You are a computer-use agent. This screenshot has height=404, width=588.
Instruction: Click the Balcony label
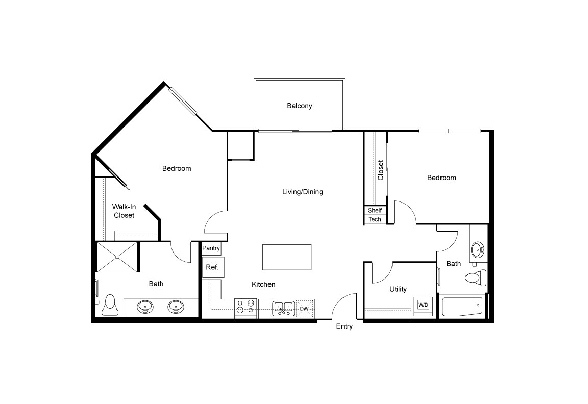click(299, 106)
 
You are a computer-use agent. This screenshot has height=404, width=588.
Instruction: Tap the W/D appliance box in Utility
click(423, 305)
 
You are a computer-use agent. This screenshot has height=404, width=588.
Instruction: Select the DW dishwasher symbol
click(304, 309)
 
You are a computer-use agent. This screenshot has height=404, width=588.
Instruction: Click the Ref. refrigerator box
click(212, 267)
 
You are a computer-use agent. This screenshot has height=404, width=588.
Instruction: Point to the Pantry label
click(211, 248)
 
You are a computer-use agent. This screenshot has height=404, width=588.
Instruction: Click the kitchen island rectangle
click(286, 257)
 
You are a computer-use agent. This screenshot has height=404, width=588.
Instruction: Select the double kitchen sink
click(282, 308)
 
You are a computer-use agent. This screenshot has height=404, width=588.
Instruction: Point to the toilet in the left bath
click(110, 305)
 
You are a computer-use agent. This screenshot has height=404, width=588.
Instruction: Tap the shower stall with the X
click(117, 258)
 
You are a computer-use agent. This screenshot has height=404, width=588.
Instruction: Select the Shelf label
click(375, 210)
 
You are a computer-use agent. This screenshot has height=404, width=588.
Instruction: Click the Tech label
click(375, 219)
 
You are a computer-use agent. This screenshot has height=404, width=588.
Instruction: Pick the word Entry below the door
click(344, 326)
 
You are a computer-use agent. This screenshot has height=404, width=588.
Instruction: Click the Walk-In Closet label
click(124, 211)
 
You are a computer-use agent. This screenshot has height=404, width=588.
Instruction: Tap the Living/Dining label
click(303, 192)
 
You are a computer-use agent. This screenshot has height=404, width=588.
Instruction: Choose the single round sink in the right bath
click(478, 250)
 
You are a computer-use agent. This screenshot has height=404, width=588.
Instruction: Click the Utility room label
click(398, 289)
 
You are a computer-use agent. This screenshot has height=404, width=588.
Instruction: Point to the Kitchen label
click(263, 284)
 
